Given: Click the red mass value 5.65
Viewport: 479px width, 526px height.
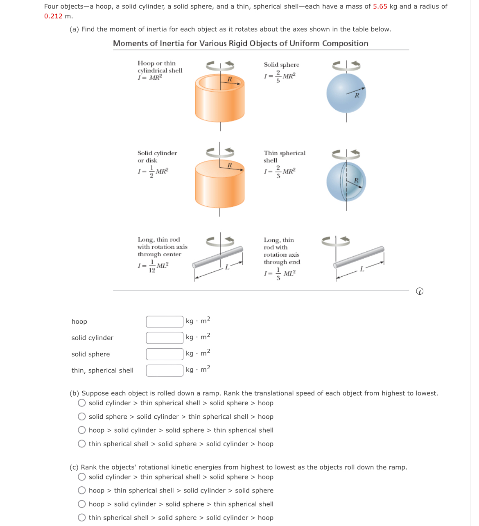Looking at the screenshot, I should (380, 7).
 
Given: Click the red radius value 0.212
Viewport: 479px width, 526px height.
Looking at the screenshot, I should (53, 16).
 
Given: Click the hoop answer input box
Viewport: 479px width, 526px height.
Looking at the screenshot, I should (165, 322).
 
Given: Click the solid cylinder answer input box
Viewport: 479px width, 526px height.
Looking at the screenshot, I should (165, 338).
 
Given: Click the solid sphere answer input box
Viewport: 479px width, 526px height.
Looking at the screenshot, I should (165, 354).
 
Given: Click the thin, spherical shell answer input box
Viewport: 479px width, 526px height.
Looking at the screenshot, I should (165, 370).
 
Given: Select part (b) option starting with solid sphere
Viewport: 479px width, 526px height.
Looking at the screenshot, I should (82, 417).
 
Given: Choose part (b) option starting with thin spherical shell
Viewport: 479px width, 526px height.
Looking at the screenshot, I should (82, 444).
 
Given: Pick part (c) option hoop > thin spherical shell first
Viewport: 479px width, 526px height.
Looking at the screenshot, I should (82, 490).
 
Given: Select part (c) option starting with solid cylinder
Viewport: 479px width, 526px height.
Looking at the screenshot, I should (82, 477).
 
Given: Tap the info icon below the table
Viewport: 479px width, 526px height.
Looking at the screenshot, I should (419, 291).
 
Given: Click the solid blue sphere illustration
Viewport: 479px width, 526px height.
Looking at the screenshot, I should (346, 93).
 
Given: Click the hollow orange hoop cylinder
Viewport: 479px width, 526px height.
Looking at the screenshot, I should (220, 99).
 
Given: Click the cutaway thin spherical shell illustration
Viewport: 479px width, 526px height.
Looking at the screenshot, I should (346, 182).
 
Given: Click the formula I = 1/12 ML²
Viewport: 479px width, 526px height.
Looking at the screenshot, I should (153, 266).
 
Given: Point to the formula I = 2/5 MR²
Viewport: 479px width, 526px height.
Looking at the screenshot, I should (280, 77).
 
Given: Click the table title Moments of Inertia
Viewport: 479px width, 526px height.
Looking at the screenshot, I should (240, 43).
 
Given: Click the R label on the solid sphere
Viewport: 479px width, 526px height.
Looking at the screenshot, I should (357, 95).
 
